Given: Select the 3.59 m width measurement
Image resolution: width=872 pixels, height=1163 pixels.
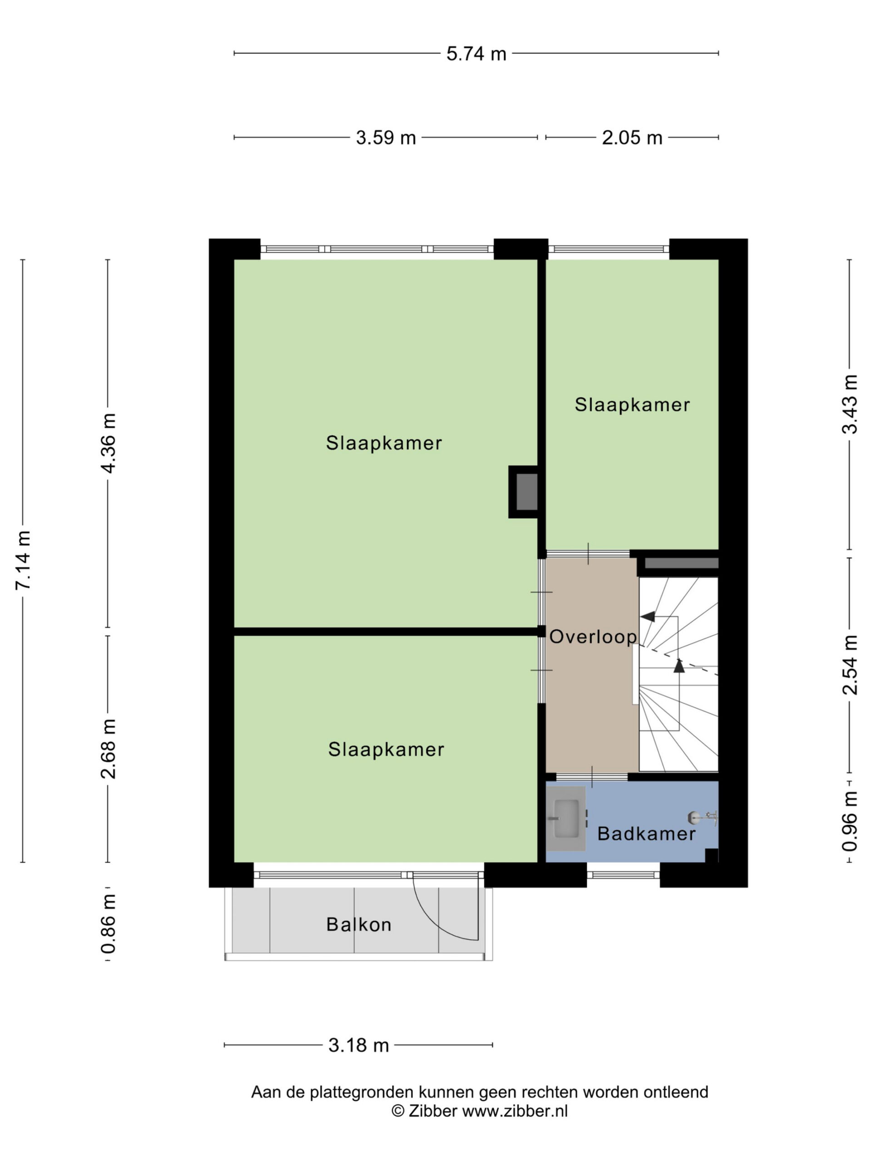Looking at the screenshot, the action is click(386, 137).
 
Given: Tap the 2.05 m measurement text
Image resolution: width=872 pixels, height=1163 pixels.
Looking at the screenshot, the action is click(632, 137).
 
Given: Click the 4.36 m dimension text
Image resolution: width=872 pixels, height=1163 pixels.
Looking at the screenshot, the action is click(108, 443).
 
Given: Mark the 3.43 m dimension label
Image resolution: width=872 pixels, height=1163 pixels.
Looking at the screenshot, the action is click(850, 404).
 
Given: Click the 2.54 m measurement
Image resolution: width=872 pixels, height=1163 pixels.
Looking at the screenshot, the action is click(850, 665).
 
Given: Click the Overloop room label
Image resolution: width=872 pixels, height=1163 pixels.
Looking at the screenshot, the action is click(593, 637).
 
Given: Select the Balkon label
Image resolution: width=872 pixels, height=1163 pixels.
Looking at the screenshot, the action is click(358, 924).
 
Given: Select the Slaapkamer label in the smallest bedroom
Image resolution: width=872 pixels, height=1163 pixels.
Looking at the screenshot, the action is click(632, 404).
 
